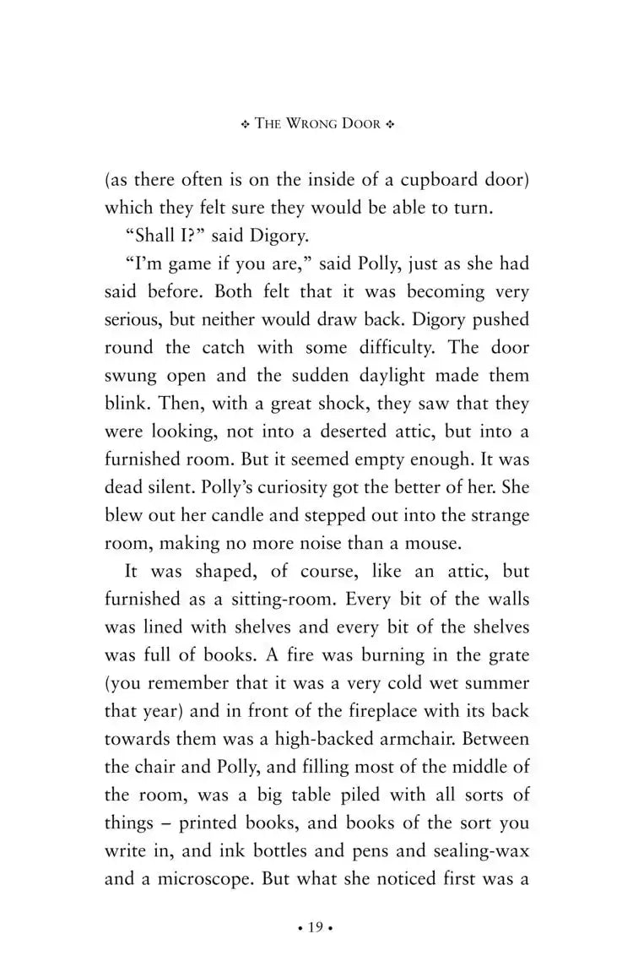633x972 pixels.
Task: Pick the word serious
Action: pyautogui.click(x=135, y=319)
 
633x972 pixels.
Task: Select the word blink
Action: pyautogui.click(x=125, y=404)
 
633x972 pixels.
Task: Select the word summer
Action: pyautogui.click(x=496, y=684)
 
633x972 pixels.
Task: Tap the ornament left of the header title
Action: pyautogui.click(x=246, y=124)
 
